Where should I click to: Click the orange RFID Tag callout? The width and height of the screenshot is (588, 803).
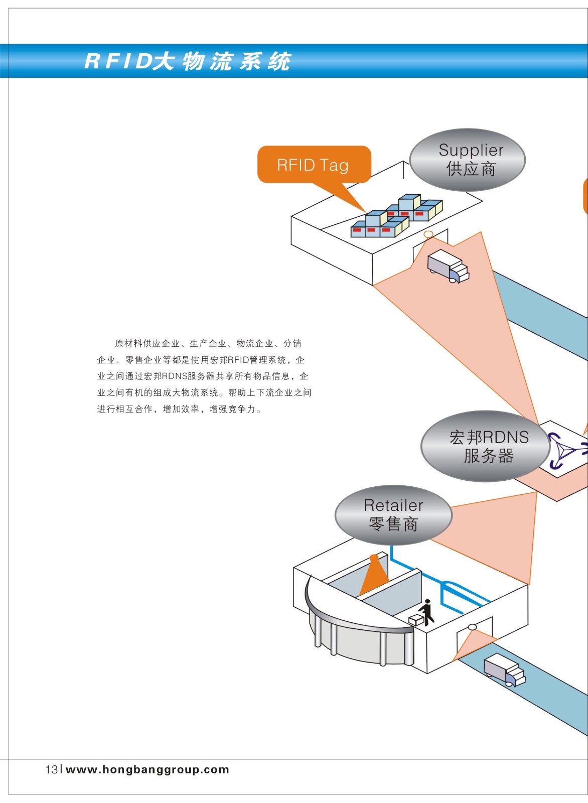(314, 165)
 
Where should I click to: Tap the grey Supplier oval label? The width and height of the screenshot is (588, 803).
(468, 160)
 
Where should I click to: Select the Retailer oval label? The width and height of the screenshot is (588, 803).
(393, 515)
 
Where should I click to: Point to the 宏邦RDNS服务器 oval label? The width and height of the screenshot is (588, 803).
(485, 447)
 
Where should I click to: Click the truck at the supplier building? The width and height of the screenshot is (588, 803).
(448, 266)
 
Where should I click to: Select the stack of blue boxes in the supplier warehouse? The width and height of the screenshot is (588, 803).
(396, 216)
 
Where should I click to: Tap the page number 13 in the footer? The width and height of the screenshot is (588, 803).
(51, 769)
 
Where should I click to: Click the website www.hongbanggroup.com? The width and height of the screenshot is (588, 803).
(148, 769)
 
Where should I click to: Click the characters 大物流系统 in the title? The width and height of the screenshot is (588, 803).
(222, 61)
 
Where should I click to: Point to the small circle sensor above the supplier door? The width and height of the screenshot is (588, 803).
(428, 234)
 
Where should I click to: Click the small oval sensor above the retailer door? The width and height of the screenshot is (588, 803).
(472, 627)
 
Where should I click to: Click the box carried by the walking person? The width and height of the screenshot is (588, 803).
(416, 620)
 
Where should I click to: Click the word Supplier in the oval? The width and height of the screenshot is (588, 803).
(471, 150)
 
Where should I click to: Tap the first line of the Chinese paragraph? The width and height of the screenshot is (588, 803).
(208, 343)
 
